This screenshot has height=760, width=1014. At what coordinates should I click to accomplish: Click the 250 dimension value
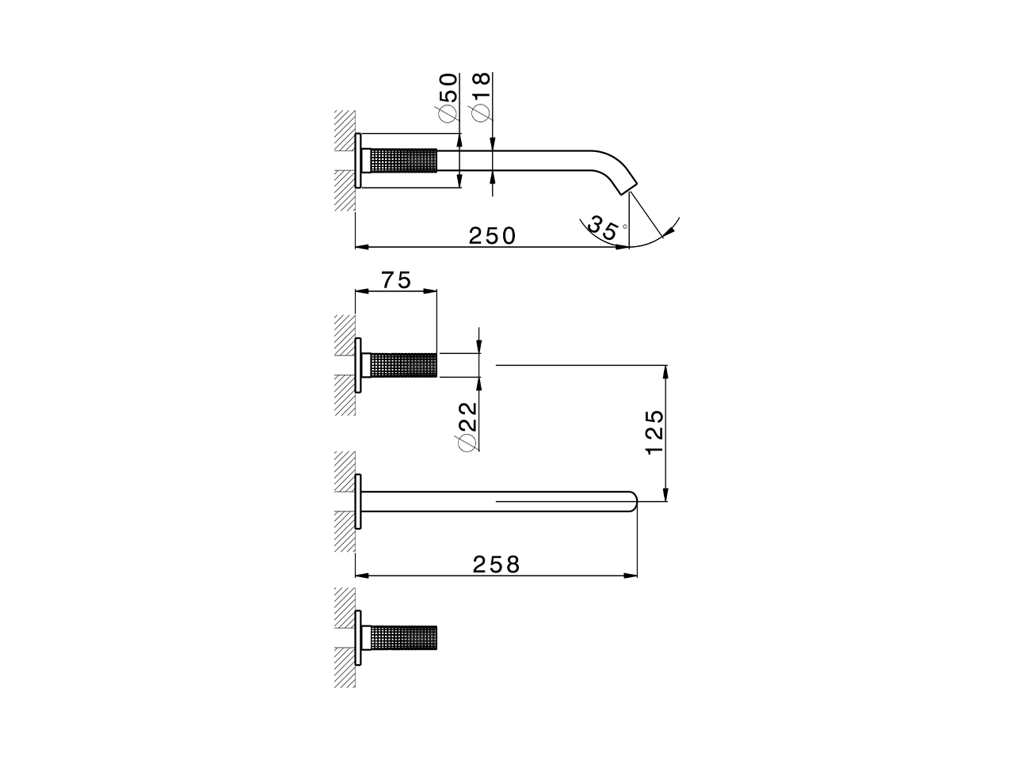click(x=492, y=235)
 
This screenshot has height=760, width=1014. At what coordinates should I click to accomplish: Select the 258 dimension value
click(x=497, y=564)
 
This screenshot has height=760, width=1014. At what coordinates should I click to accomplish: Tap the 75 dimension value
click(x=396, y=280)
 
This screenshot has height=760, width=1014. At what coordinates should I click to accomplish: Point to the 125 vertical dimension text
click(x=654, y=432)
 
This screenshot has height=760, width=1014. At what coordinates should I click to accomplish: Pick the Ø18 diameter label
click(x=482, y=97)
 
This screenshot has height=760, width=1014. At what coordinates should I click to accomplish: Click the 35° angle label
click(x=605, y=229)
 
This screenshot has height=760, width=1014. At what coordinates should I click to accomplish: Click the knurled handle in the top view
click(x=404, y=160)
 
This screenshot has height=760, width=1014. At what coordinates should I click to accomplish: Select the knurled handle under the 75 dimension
click(x=404, y=365)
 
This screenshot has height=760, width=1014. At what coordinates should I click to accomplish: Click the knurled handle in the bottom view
click(x=404, y=637)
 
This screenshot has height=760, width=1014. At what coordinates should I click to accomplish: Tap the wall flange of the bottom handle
click(x=359, y=637)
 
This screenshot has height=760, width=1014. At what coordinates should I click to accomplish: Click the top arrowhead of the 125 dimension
click(x=667, y=370)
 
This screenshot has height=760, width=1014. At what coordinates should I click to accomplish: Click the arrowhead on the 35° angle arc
click(x=670, y=230)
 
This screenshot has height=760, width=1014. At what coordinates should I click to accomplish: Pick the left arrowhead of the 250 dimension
click(x=360, y=247)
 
